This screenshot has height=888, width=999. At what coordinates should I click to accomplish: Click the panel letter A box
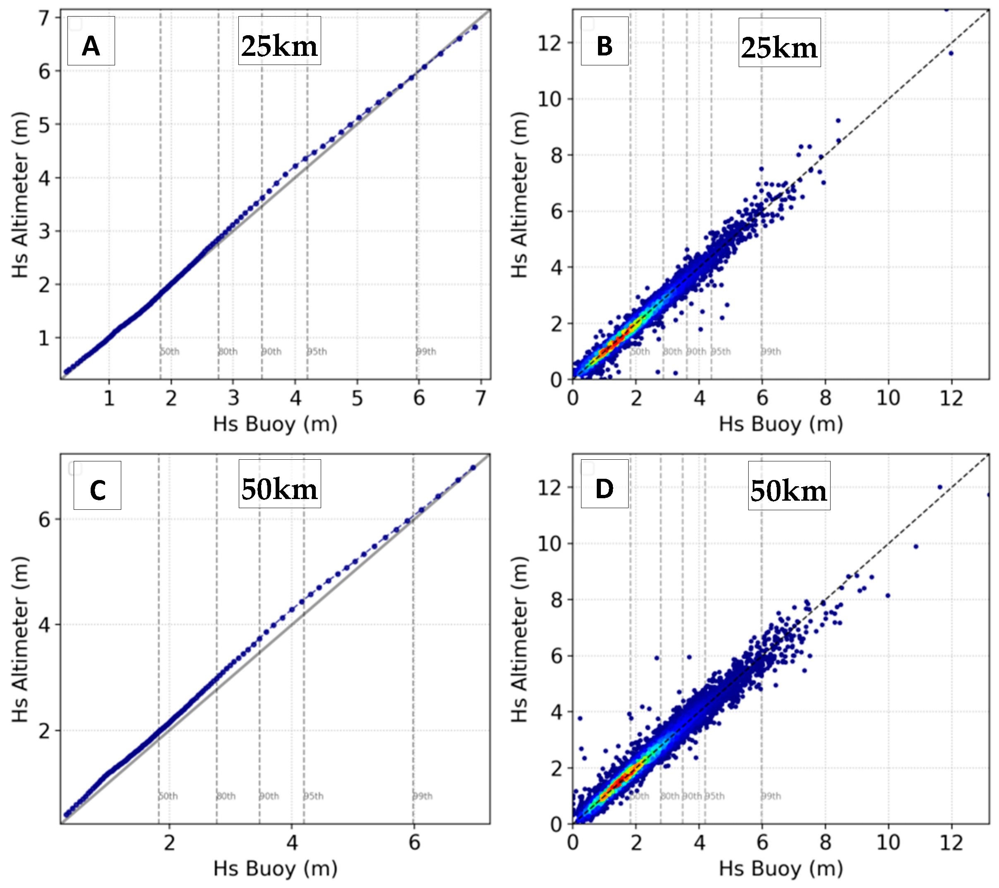[91, 41]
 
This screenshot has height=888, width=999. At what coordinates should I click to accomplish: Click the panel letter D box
[604, 484]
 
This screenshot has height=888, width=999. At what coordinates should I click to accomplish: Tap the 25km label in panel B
[779, 43]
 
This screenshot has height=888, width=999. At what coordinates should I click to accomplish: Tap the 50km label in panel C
[280, 484]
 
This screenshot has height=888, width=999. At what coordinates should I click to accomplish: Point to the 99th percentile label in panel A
[426, 351]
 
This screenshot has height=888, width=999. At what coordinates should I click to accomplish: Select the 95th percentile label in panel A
[317, 351]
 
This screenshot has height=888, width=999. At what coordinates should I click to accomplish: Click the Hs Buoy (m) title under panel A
[275, 424]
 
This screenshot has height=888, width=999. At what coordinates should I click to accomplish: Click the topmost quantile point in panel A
[475, 27]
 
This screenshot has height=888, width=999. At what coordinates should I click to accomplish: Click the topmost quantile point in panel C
[473, 468]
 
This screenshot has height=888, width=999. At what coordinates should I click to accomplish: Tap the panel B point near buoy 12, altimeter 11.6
[951, 53]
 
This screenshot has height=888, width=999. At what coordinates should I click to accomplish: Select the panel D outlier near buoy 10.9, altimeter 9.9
[916, 546]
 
